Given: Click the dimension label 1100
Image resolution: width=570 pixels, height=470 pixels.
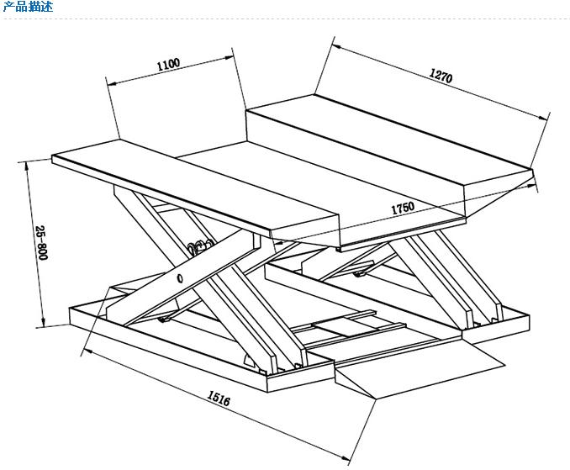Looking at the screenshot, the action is pyautogui.click(x=168, y=65).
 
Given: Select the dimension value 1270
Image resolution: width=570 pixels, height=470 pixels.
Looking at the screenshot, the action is pyautogui.click(x=441, y=76).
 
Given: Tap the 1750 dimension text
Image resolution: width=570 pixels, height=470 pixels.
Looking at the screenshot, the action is pyautogui.click(x=403, y=208).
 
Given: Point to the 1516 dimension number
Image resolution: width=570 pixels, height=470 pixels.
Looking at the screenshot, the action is pyautogui.click(x=219, y=398).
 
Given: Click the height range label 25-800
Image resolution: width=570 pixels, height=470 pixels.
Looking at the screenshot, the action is pyautogui.click(x=41, y=243).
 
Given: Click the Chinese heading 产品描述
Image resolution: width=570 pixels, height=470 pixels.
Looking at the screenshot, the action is pyautogui.click(x=28, y=6).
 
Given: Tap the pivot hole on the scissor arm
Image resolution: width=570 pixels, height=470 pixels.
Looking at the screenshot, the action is pyautogui.click(x=180, y=278).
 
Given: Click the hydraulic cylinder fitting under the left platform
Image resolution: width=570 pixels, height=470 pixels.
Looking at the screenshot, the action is pyautogui.click(x=198, y=247).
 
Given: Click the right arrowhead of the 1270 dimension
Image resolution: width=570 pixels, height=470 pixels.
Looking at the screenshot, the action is pyautogui.click(x=543, y=117).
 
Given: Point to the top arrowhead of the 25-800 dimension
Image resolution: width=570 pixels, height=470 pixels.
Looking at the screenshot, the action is pyautogui.click(x=27, y=166).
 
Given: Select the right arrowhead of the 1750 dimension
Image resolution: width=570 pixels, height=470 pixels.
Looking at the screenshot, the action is pyautogui.click(x=531, y=186).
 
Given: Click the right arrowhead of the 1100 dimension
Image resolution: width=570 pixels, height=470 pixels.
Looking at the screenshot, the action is pyautogui.click(x=229, y=57).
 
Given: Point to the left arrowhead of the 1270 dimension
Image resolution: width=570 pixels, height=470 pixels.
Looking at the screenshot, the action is pyautogui.click(x=336, y=46).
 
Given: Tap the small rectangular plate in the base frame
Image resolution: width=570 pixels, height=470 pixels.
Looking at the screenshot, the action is pyautogui.click(x=344, y=326).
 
